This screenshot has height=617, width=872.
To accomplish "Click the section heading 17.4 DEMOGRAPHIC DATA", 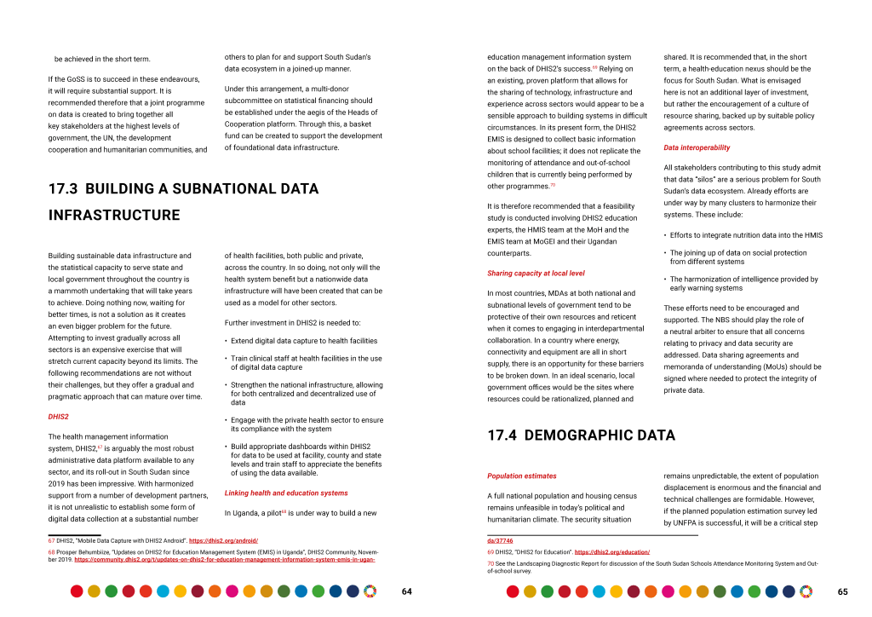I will point(581,435).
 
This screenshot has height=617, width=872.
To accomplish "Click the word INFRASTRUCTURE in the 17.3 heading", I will point(114,215).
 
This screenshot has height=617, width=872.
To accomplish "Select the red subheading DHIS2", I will point(58,417).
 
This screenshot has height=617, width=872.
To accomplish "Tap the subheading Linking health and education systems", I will point(285,493).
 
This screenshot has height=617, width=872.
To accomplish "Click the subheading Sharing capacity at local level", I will point(536,273).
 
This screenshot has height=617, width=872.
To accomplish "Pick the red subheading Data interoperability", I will point(697,147).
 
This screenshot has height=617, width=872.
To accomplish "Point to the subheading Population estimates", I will point(521,476).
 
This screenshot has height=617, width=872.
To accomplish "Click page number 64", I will point(406,591).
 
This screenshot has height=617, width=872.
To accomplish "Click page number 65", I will point(842,591).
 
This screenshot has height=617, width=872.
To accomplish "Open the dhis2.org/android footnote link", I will point(223,541).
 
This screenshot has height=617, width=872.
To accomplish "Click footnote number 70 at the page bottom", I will point(490,563).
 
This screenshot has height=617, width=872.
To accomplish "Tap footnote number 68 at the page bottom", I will point(51,552).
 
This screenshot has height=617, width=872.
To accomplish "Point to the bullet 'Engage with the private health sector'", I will point(307,424).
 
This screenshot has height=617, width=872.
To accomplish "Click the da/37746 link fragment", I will point(500,541).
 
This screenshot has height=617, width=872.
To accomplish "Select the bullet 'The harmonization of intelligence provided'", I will point(743,283).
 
